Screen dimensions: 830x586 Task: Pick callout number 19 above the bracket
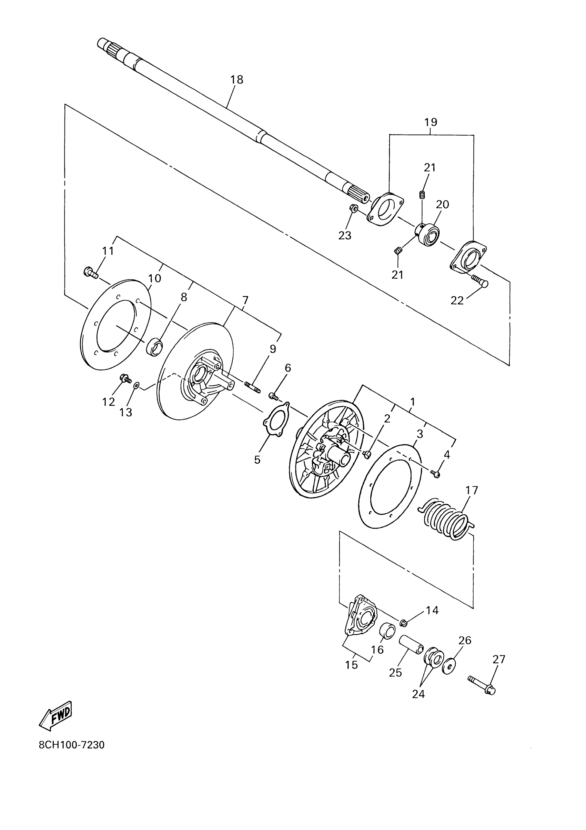(431, 122)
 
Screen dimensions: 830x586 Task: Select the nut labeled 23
(354, 208)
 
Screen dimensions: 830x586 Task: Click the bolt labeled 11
(91, 272)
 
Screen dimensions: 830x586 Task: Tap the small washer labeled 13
(136, 386)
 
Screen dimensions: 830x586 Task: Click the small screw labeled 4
(436, 474)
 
